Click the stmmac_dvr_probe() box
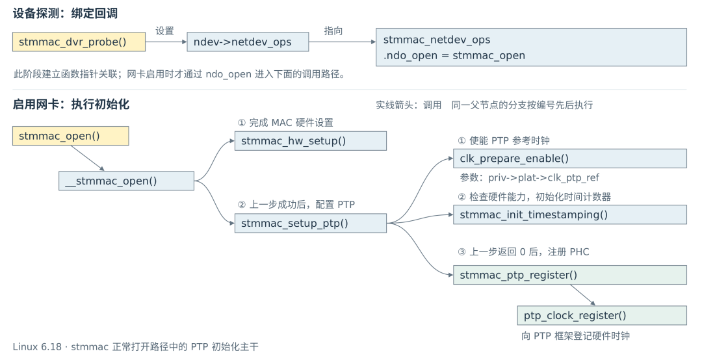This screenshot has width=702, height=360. click(x=79, y=42)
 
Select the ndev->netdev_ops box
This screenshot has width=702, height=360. click(x=248, y=42)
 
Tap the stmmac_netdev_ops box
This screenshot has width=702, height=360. click(x=531, y=47)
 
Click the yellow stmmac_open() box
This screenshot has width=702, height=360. click(x=71, y=136)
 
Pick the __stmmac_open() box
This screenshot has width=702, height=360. click(x=126, y=181)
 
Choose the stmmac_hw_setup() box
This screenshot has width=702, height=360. click(x=311, y=141)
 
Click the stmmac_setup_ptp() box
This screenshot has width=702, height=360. click(x=311, y=223)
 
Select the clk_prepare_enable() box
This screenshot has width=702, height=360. click(x=570, y=159)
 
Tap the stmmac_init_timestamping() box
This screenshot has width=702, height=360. click(x=570, y=214)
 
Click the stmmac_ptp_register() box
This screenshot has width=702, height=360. click(x=570, y=274)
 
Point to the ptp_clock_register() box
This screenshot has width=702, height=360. click(x=602, y=315)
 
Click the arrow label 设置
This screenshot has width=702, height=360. click(x=164, y=31)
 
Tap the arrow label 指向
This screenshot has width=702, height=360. click(x=333, y=31)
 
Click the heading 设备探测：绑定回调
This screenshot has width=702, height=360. click(x=66, y=14)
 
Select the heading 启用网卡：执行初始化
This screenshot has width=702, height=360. click(x=71, y=105)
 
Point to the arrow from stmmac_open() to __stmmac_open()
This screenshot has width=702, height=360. click(x=88, y=159)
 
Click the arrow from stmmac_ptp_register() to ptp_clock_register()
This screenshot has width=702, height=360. click(x=583, y=295)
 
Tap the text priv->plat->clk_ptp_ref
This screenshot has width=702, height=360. click(x=543, y=178)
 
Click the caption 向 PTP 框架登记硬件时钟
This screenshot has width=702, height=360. click(x=575, y=336)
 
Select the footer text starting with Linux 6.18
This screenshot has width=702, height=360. click(x=136, y=346)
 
